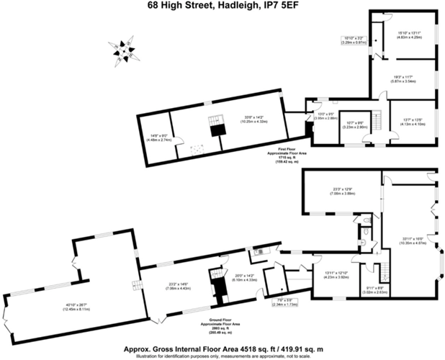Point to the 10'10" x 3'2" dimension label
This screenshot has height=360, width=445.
tap(356, 40)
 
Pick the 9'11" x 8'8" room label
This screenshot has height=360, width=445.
tap(374, 290)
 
